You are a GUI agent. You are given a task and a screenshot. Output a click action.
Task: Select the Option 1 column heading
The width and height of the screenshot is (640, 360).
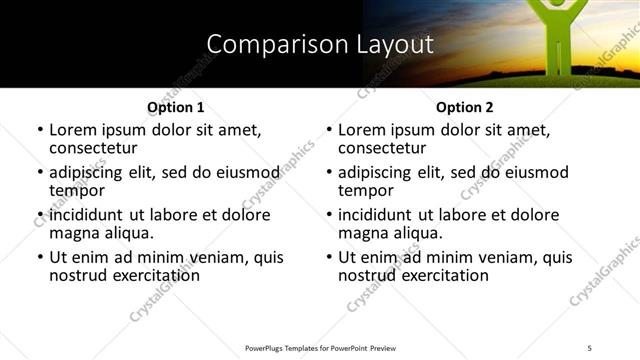tap(175, 107)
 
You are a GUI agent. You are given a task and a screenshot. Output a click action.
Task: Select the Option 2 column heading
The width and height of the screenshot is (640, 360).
tap(464, 107)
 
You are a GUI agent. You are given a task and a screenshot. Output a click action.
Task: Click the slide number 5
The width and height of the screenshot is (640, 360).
tap(589, 348)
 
